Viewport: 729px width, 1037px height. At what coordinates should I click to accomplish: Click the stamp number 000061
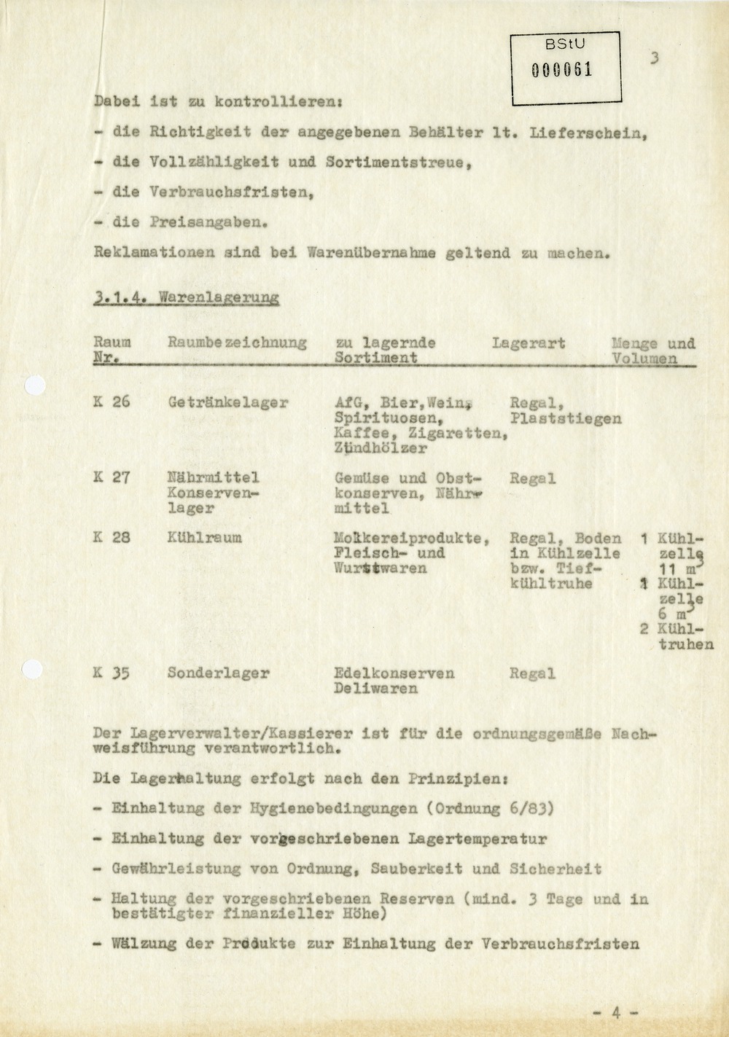[561, 70]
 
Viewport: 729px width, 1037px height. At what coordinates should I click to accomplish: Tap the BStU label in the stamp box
[565, 44]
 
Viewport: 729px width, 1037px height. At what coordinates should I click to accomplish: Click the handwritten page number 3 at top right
[654, 59]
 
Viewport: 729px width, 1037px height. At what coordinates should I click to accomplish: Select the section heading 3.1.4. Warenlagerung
[187, 298]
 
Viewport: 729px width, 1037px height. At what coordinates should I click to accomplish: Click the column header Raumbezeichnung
[237, 343]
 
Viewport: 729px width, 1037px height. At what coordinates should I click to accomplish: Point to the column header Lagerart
[529, 343]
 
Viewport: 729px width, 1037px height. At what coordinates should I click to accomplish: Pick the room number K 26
[112, 402]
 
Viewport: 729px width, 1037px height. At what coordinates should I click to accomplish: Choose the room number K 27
[112, 478]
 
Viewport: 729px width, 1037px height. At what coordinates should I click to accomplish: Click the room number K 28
[112, 538]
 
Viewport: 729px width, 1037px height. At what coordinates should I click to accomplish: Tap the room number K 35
[112, 673]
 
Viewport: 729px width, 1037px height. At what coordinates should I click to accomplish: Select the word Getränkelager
[227, 402]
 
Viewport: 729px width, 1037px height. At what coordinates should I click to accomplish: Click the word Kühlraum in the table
[204, 538]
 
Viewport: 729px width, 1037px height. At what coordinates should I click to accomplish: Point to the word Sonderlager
[218, 673]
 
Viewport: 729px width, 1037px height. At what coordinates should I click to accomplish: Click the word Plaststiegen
[566, 418]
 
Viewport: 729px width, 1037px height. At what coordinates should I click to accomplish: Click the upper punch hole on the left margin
[34, 386]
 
